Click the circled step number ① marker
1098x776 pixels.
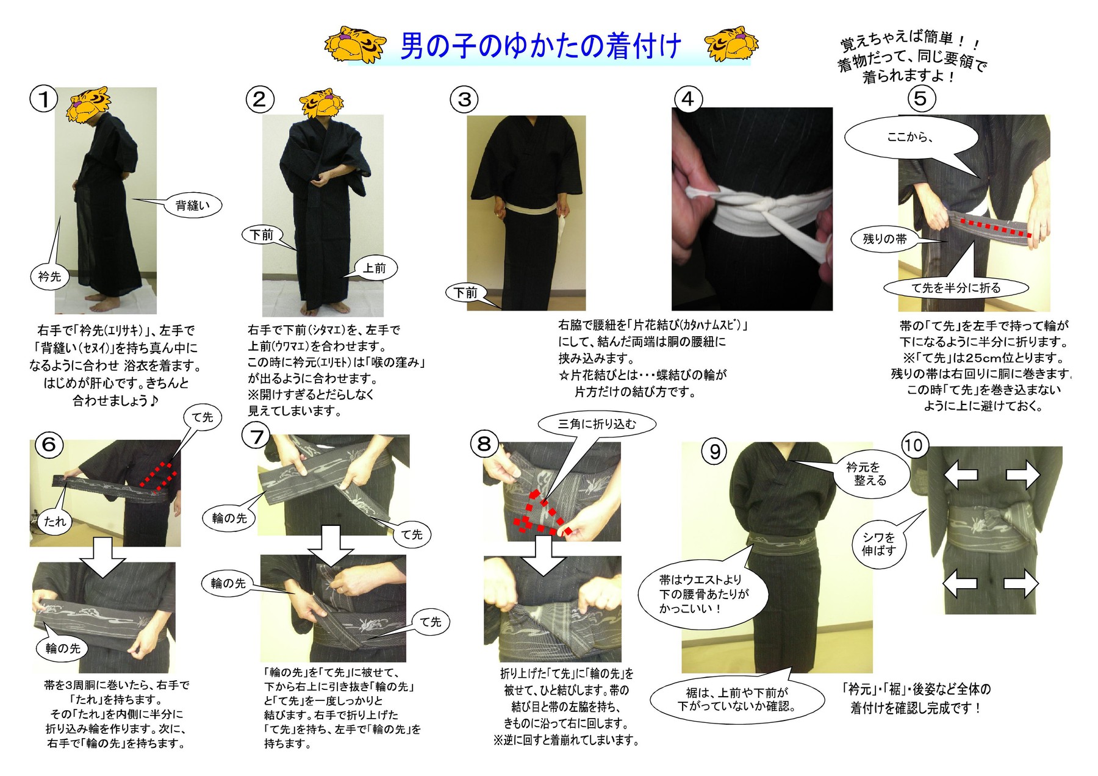(43, 99)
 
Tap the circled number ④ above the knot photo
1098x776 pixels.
(687, 99)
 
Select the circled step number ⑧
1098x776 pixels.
(484, 444)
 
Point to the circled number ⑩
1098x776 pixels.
(913, 445)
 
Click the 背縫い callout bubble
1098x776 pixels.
(192, 206)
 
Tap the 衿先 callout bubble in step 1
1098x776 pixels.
(49, 276)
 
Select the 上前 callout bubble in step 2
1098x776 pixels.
(375, 268)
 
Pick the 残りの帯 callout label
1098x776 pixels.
(884, 239)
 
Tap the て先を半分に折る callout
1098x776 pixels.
(956, 288)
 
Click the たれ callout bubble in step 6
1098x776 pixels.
(55, 521)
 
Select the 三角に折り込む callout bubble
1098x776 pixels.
(597, 424)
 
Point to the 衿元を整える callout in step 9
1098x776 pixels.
(869, 473)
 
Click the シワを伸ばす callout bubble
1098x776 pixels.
(878, 544)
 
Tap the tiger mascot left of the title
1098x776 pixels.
(355, 45)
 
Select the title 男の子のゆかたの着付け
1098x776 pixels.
(540, 46)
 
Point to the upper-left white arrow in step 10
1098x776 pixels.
(961, 475)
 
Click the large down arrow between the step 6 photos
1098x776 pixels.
(102, 557)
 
